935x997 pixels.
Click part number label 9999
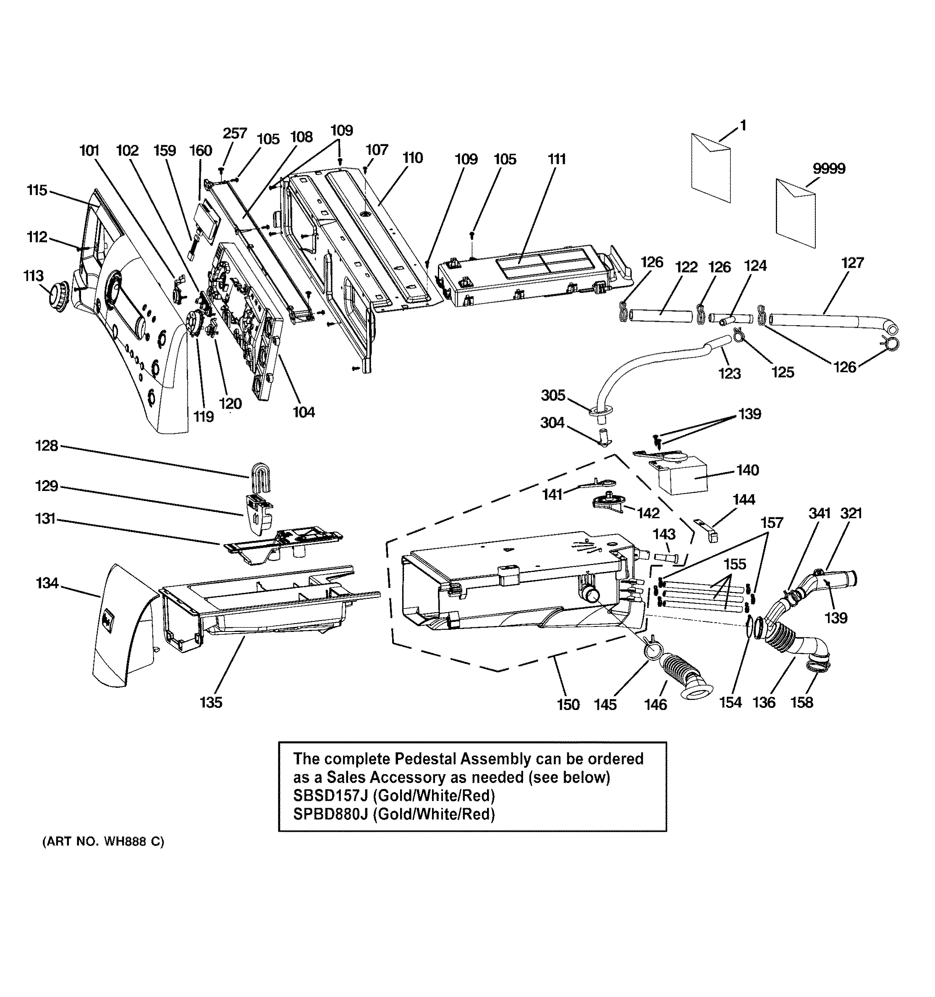click(x=829, y=169)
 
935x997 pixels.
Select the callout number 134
click(x=47, y=583)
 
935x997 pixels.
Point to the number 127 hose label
click(x=852, y=262)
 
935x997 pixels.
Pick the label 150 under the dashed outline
click(x=568, y=705)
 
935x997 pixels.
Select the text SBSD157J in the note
click(x=330, y=796)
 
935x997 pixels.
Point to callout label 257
click(x=235, y=133)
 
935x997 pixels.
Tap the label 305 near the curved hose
click(x=553, y=395)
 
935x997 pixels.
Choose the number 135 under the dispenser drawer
click(x=210, y=702)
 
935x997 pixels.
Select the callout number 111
click(x=557, y=159)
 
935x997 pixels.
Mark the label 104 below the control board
click(x=304, y=412)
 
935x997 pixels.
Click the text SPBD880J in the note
click(x=331, y=814)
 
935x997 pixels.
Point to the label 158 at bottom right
click(x=801, y=702)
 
